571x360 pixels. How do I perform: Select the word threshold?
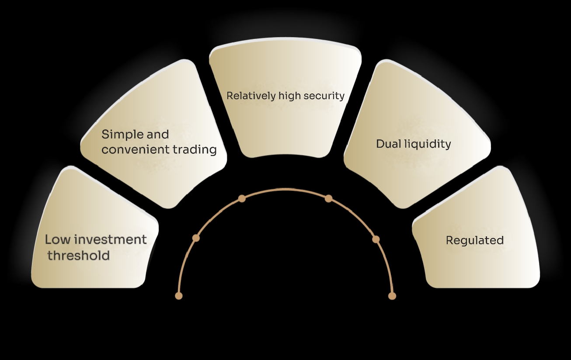(79, 256)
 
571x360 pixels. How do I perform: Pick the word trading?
(195, 150)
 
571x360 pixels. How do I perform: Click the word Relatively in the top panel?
(251, 96)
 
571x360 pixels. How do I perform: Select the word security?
(324, 96)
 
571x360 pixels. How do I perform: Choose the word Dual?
(389, 144)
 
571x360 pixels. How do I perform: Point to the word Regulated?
(475, 240)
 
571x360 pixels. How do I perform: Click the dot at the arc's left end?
(178, 296)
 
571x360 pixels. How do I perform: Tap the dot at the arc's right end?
(392, 296)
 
